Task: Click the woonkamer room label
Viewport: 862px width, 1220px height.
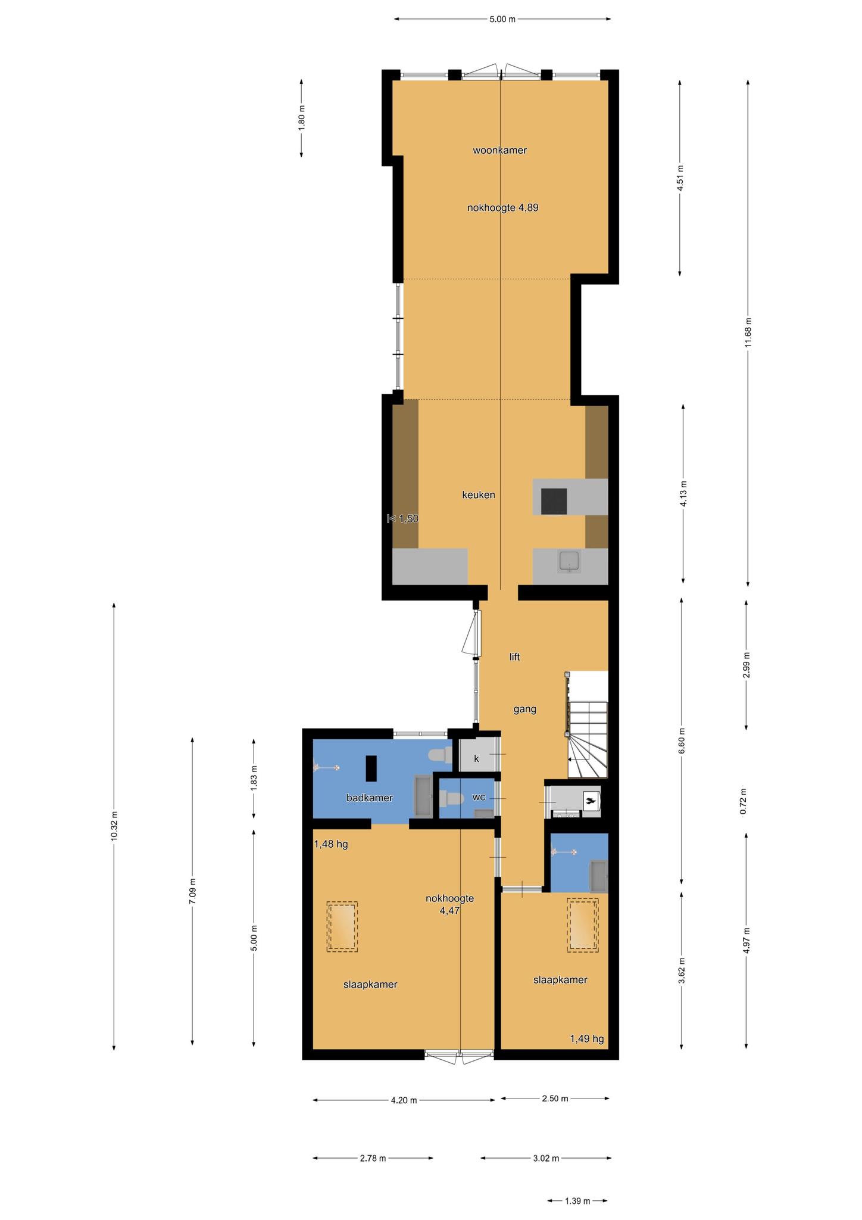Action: (499, 151)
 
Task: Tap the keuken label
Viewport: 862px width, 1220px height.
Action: (479, 495)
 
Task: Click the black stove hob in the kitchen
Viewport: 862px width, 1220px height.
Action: (554, 500)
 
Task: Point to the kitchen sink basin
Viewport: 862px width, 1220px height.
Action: (570, 561)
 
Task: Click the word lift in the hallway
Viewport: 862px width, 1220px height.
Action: (515, 657)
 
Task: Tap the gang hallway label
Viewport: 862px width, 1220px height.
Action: (525, 709)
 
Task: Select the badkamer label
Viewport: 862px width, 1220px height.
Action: (370, 798)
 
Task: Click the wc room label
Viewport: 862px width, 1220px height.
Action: (479, 797)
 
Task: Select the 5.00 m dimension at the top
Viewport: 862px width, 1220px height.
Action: (502, 19)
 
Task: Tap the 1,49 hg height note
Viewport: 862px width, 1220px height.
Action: (587, 1039)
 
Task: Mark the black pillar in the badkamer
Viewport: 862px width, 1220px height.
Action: (371, 768)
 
